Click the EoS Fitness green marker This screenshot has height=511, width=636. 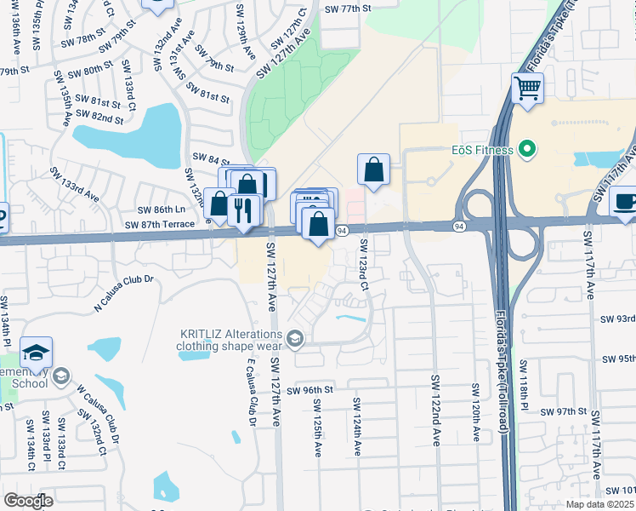click(527, 151)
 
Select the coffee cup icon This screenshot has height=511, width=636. click(625, 202)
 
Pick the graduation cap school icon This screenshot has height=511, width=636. click(37, 353)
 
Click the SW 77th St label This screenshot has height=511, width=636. click(349, 9)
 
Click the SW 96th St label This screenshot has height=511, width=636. click(307, 390)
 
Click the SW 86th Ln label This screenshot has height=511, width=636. click(161, 210)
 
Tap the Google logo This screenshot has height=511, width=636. click(28, 501)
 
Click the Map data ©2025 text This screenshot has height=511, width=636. click(599, 504)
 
